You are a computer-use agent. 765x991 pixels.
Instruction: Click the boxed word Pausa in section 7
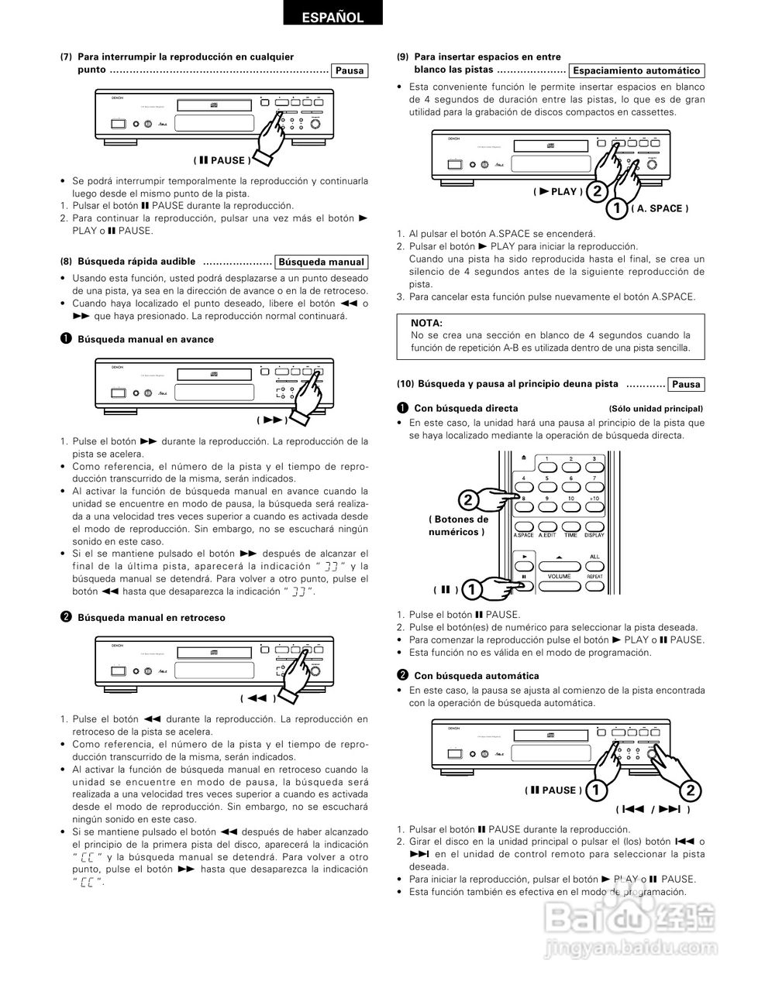coord(349,70)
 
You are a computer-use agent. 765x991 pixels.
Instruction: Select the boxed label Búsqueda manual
coord(320,262)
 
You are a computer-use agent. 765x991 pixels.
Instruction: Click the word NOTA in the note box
coord(426,323)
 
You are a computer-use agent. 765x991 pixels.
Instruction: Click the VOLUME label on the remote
coord(559,576)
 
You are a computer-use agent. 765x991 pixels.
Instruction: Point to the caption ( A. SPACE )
coord(659,208)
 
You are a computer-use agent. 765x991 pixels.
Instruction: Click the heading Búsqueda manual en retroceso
coord(151,618)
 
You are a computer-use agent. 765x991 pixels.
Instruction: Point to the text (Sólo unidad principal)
coord(656,408)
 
